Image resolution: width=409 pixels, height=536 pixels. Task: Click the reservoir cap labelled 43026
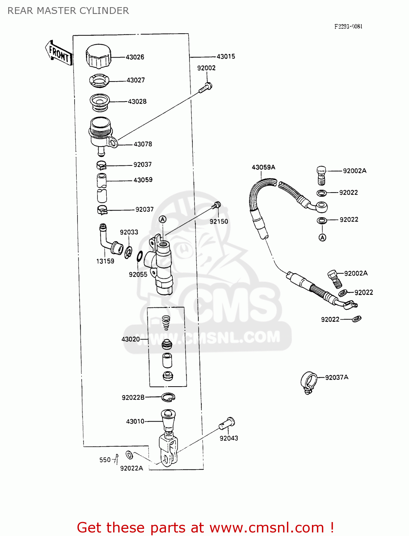98,56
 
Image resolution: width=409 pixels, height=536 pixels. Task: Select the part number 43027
136,80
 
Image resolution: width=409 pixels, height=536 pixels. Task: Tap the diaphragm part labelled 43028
100,101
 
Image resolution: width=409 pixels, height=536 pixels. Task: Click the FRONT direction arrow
59,53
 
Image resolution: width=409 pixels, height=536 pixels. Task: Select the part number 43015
226,56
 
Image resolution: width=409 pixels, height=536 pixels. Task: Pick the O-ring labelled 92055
140,256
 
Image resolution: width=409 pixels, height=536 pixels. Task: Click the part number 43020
131,339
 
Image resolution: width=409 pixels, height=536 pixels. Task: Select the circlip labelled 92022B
168,397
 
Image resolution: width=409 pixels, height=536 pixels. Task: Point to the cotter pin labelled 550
116,459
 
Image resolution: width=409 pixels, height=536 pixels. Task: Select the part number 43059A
263,167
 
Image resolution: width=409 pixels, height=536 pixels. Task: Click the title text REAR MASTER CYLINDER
68,11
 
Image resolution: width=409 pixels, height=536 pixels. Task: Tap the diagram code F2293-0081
348,26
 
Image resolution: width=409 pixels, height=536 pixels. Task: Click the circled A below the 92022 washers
322,237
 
